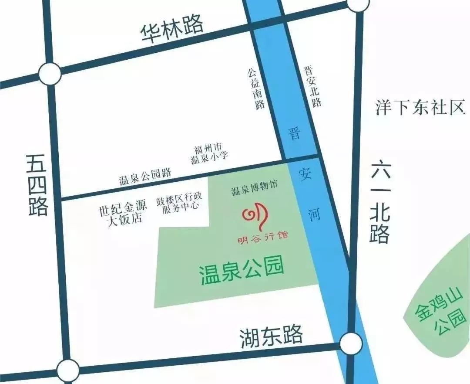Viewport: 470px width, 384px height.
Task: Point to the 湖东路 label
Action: tap(271, 337)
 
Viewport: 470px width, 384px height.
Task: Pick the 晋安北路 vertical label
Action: tap(312, 86)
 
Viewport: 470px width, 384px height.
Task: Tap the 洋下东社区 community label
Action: tap(420, 107)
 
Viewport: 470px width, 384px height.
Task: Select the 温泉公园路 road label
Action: tap(145, 177)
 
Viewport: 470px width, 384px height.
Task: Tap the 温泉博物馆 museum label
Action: tap(254, 190)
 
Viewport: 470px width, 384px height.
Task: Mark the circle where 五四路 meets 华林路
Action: tap(50, 74)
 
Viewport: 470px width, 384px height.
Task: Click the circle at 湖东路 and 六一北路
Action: tap(351, 344)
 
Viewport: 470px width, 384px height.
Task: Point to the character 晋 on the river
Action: tap(295, 133)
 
